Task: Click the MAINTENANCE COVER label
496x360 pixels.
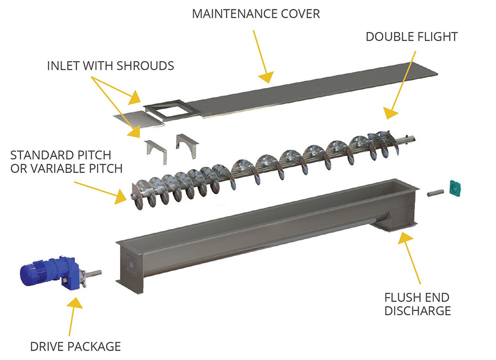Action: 256,14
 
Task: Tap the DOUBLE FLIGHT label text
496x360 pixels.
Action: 412,37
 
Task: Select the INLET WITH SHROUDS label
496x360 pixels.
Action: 110,66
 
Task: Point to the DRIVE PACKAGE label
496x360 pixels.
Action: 76,346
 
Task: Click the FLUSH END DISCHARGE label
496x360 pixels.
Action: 417,304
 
